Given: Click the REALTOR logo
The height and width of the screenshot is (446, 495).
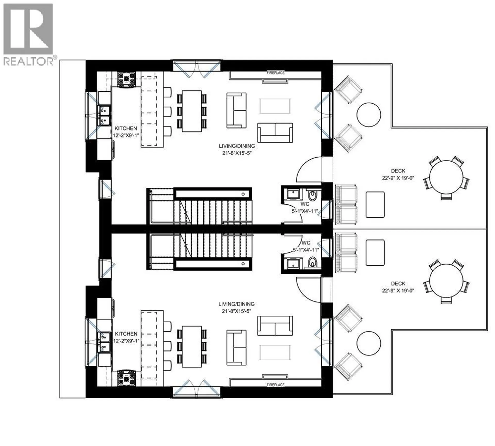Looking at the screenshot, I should (28, 35).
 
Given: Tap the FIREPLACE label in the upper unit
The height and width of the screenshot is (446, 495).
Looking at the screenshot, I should (276, 73).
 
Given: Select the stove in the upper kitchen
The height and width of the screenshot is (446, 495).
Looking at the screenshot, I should (126, 79).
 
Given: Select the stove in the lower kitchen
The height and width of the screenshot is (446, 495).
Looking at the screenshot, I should (126, 378).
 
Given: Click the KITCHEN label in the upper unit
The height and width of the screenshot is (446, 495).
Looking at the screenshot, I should (126, 128).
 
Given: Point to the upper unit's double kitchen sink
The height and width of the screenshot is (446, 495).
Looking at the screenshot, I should (104, 115).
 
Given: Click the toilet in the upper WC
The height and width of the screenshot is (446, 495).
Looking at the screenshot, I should (312, 196).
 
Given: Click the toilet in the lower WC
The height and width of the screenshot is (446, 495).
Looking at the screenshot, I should (312, 262).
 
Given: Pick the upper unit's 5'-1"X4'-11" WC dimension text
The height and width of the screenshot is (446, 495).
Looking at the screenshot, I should (305, 211).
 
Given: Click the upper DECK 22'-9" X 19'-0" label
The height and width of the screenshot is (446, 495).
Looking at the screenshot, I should (398, 174).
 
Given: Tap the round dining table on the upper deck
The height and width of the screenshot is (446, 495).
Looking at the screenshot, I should (446, 177).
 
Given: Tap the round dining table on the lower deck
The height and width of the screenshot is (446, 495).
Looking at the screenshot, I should (446, 280).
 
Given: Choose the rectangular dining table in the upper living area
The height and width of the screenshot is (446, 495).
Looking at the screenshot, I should (192, 111).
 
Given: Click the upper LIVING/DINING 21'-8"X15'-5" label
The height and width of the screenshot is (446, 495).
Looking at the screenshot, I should (237, 149).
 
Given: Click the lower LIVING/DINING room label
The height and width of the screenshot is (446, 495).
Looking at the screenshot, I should (236, 308).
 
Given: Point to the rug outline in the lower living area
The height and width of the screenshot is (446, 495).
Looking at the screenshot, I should (275, 352).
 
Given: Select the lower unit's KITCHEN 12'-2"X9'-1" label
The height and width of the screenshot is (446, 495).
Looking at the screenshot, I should (126, 337).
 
